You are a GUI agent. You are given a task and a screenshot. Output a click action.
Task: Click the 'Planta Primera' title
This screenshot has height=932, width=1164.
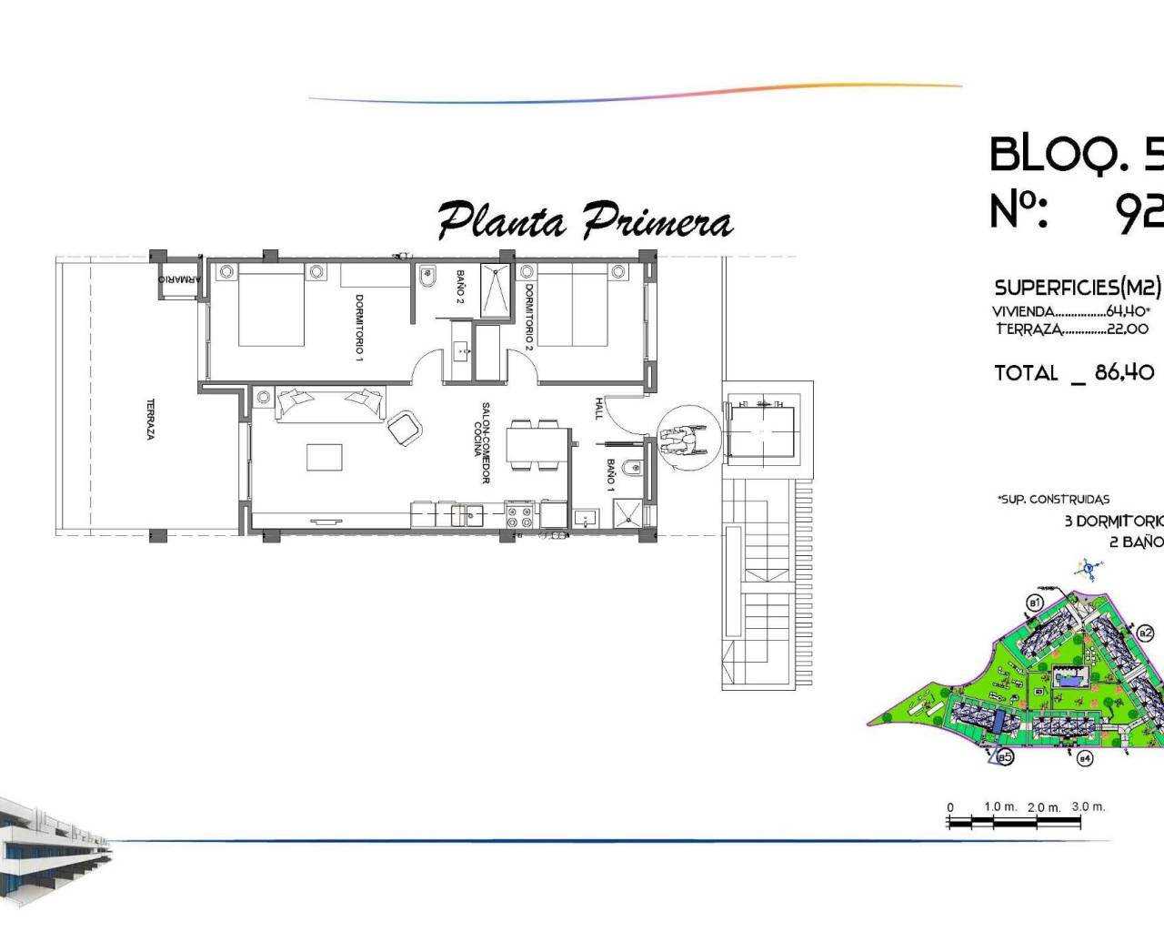(585, 221)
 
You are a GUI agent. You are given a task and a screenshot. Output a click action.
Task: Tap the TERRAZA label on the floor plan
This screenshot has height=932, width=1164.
(150, 419)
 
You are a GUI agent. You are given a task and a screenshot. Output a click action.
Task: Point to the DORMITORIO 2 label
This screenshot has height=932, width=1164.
(528, 317)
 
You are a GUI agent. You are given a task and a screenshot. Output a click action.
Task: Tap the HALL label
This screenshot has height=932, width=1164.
(599, 408)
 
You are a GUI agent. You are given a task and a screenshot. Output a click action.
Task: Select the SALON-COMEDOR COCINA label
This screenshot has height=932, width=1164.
(481, 443)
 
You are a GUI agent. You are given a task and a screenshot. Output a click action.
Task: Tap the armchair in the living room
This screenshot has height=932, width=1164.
(405, 427)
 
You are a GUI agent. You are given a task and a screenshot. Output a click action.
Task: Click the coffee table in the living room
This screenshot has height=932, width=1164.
(325, 456)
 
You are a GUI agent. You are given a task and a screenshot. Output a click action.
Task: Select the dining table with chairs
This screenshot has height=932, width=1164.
(534, 444)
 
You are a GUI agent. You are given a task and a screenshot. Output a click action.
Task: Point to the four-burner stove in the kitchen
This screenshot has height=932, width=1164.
(519, 516)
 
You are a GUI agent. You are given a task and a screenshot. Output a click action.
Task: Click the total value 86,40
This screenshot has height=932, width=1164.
(1125, 372)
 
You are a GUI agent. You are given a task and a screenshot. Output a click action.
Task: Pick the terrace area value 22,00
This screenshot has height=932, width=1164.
(1127, 329)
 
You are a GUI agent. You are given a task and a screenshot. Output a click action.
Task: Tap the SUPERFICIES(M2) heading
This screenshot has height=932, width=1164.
(1078, 288)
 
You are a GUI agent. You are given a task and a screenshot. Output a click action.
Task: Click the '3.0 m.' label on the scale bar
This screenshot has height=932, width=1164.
(1088, 806)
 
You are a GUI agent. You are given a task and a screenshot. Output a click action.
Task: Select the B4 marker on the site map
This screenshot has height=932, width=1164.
(1083, 758)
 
